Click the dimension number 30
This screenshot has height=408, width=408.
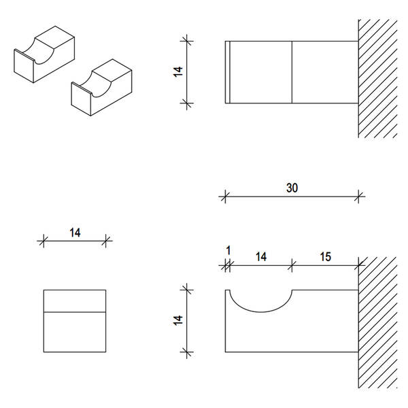[292, 188]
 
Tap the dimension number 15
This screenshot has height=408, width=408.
[325, 257]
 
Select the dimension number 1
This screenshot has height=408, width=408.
[228, 251]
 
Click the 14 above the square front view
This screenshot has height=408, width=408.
[75, 233]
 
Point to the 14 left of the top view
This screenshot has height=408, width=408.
[178, 72]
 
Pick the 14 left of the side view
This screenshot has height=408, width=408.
[178, 320]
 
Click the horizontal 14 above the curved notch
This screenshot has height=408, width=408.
[261, 257]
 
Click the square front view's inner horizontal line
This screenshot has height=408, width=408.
[75, 311]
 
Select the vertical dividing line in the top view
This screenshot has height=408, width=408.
[292, 72]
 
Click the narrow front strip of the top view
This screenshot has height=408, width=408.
[228, 72]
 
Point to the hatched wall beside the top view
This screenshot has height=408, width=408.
[378, 78]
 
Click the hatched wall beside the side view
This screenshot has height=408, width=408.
[378, 322]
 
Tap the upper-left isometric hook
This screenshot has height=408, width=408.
[44, 54]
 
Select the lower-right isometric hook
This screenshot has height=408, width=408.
[101, 88]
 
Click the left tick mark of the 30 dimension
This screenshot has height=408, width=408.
[225, 197]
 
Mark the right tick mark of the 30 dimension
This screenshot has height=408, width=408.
[358, 197]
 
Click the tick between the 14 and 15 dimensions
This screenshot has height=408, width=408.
[292, 265]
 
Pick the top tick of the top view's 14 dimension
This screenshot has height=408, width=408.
[187, 41]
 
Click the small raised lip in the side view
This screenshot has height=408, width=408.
[227, 292]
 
